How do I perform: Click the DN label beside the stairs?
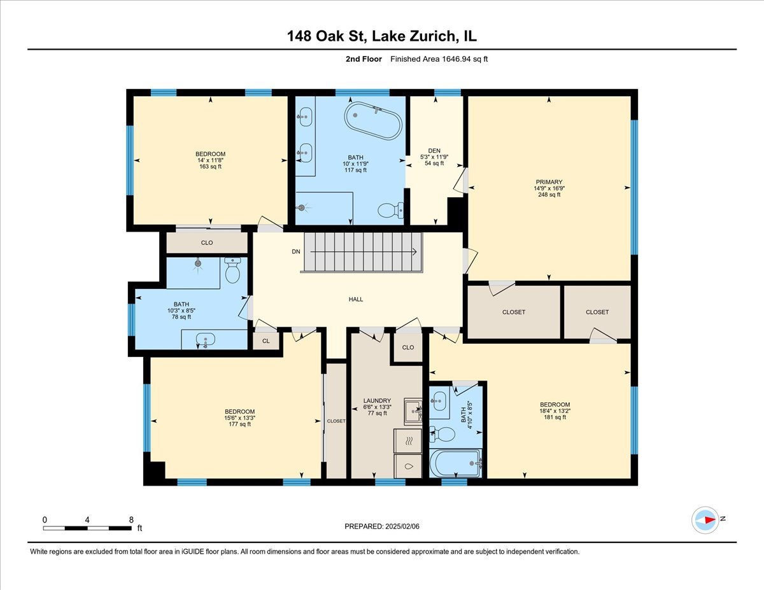point(295,251)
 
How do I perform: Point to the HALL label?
point(356,299)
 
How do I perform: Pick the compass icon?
point(706,519)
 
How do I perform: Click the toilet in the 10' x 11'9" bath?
point(389,209)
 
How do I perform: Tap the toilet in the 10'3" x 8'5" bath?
point(232,272)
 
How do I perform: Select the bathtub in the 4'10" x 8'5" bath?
point(455,463)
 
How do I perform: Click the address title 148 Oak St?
point(381,36)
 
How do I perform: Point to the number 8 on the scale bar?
point(131,519)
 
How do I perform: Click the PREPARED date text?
point(382,526)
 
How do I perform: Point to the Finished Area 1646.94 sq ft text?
point(439,59)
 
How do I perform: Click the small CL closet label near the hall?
point(265,341)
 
